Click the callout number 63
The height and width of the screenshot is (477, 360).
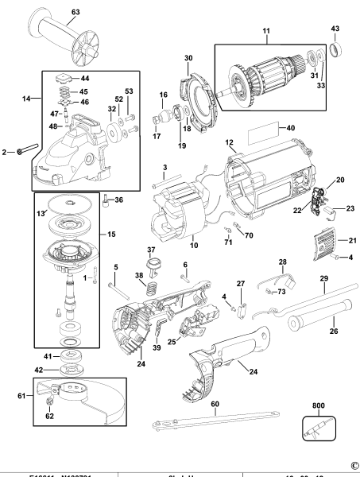tap(75, 12)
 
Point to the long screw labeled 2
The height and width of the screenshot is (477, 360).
tap(25, 150)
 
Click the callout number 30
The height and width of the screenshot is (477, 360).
tap(188, 57)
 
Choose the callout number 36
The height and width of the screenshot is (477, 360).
tap(119, 200)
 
